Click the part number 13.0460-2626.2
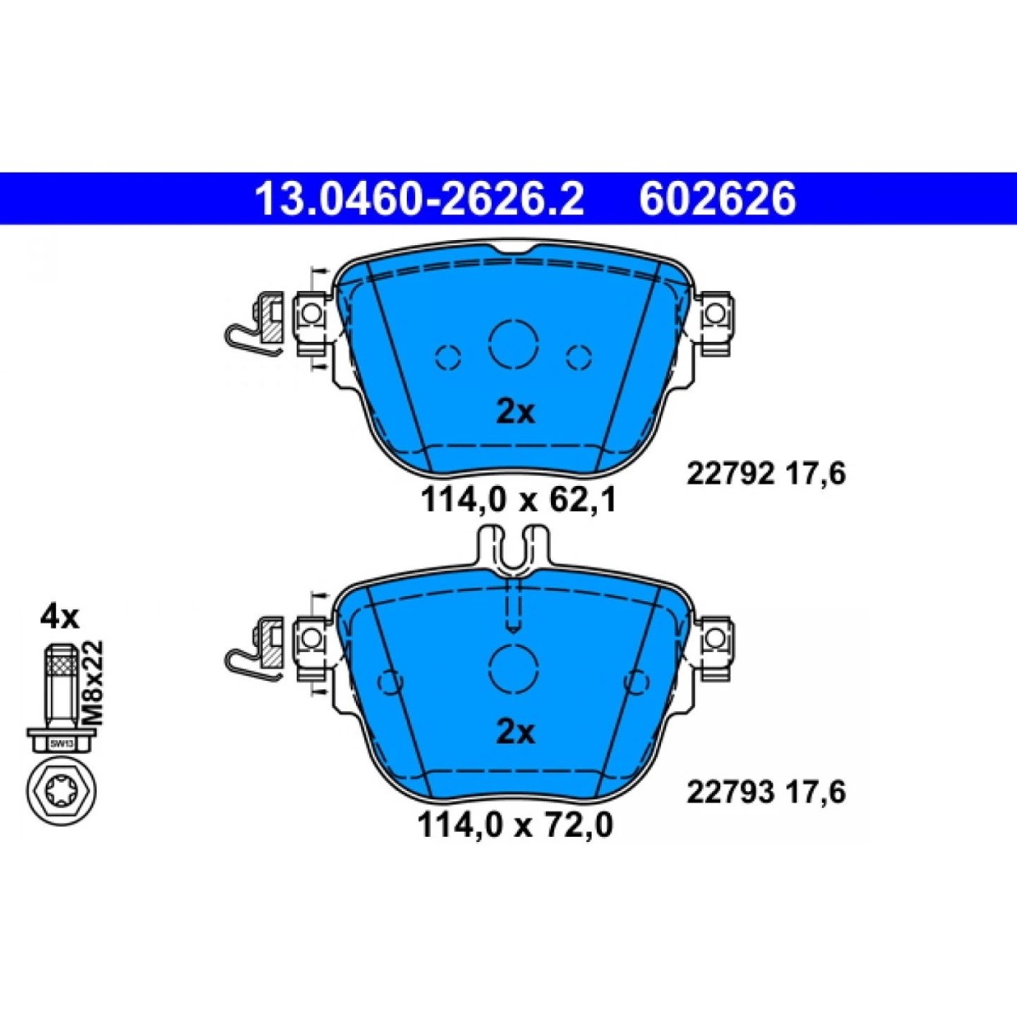[419, 199]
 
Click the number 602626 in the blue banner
[717, 199]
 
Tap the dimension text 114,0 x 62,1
[519, 500]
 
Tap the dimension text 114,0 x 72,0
[515, 826]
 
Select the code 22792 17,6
[766, 473]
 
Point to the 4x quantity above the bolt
[60, 617]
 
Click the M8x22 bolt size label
[93, 684]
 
